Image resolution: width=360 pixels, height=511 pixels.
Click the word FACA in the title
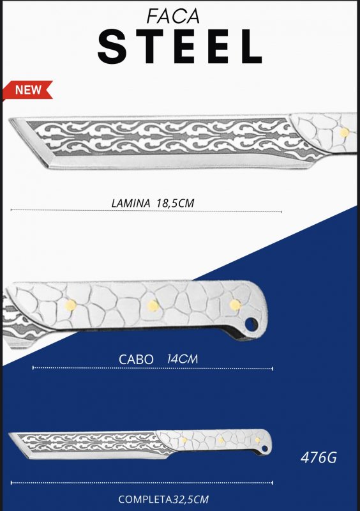pos(173,16)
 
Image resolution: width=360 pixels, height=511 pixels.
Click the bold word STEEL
pos(179,46)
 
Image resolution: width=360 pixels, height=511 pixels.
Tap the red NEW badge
pos(27,89)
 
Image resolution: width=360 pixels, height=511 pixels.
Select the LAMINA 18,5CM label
pos(153,203)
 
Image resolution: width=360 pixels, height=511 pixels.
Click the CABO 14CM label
pos(158,359)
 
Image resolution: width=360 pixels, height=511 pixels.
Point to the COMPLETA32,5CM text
pos(163,500)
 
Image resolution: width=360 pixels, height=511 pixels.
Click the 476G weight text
pos(319,457)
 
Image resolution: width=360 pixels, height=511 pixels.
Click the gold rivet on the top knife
pos(344,132)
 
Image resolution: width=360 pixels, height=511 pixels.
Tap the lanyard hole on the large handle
pos(251,324)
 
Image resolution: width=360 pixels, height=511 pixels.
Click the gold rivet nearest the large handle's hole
pos(235,305)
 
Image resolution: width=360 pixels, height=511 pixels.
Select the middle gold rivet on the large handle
pos(153,306)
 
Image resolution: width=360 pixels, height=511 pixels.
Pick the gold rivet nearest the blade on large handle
pos(70,305)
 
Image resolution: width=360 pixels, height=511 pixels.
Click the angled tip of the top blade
pos(10,119)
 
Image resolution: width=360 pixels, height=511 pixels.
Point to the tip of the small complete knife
pos(10,434)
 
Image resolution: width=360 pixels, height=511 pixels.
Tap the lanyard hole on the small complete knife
pos(265,449)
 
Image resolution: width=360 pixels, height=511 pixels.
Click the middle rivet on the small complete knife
pos(221,440)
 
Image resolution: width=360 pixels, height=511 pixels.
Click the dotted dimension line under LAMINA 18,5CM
pos(146,211)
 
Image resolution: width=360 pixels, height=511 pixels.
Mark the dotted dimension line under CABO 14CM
pos(153,369)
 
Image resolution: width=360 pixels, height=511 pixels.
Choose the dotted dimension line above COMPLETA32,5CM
pos(142,483)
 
